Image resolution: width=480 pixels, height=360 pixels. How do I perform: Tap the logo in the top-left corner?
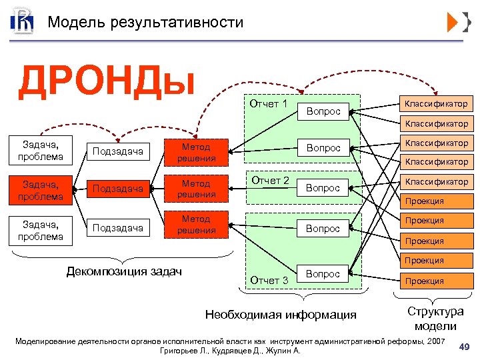(21, 22)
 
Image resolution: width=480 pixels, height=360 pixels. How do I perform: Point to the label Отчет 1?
(268, 104)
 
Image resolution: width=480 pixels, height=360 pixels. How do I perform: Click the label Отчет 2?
(269, 180)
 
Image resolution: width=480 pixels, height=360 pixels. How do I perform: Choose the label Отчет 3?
(269, 281)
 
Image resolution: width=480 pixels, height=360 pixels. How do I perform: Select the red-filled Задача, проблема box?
(41, 189)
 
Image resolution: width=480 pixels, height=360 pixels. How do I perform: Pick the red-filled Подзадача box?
(118, 189)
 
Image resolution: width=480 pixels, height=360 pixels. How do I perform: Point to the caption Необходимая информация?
(281, 315)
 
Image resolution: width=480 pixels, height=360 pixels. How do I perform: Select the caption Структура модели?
(435, 319)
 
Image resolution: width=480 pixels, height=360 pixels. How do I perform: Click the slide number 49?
(464, 345)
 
